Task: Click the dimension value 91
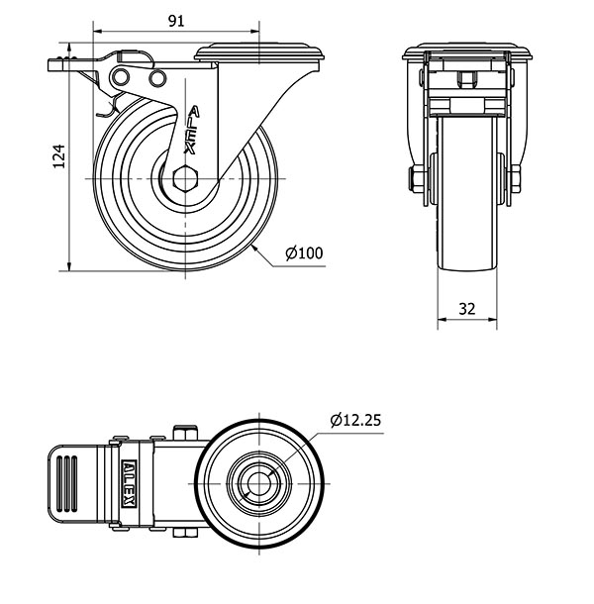click(x=176, y=21)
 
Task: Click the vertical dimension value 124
click(x=59, y=156)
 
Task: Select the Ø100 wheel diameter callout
click(x=304, y=253)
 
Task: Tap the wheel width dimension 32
click(x=467, y=309)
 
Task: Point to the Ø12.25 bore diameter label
click(x=355, y=420)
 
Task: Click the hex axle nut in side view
click(x=185, y=179)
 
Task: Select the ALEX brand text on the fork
click(x=192, y=130)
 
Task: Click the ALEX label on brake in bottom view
click(x=129, y=483)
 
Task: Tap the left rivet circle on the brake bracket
click(x=121, y=77)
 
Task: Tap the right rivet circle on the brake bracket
click(x=157, y=78)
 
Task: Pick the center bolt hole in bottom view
click(x=258, y=483)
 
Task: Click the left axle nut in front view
click(x=417, y=179)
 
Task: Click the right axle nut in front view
click(x=515, y=179)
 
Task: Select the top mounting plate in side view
click(x=258, y=52)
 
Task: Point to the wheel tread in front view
click(x=467, y=193)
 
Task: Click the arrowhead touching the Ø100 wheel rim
click(x=255, y=249)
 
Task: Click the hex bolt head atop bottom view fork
click(x=185, y=432)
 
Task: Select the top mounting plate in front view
click(x=467, y=51)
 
